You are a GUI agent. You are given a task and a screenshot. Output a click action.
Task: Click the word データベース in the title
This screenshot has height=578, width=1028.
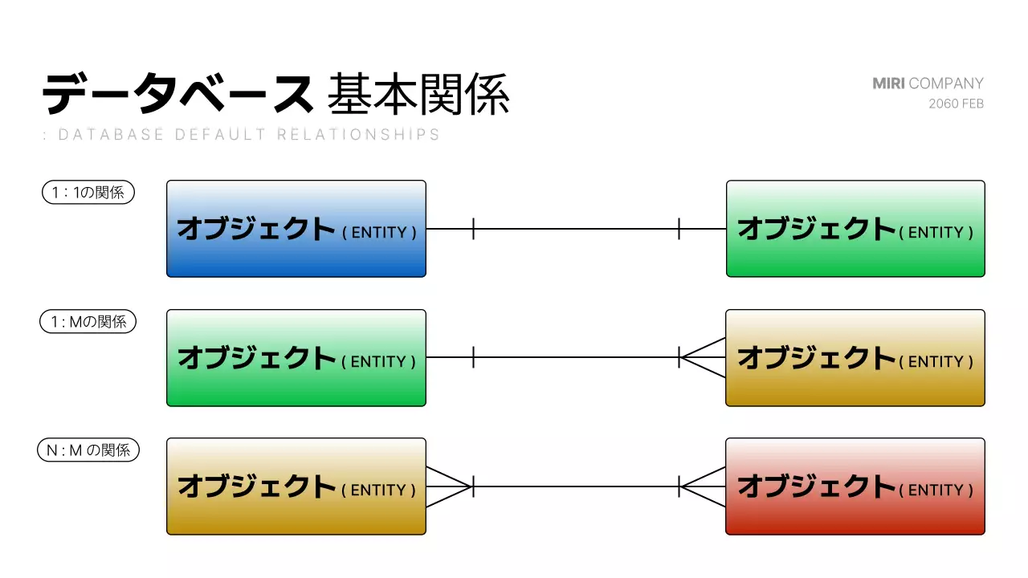click(x=177, y=95)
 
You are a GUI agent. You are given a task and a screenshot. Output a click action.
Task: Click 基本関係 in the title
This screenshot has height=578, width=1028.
click(x=418, y=95)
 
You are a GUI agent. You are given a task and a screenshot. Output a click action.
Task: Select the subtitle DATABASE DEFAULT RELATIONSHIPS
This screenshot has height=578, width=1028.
click(x=249, y=135)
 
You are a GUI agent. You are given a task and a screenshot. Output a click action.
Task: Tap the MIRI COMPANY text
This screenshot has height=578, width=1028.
click(x=928, y=83)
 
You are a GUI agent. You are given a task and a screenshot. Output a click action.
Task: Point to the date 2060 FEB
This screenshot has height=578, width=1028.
click(x=956, y=104)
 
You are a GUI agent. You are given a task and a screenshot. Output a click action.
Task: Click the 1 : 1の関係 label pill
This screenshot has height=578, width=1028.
click(x=88, y=193)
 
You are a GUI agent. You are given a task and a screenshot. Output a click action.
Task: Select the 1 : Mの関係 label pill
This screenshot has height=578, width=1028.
click(x=88, y=322)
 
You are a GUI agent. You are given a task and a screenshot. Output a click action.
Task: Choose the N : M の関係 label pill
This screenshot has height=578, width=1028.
click(x=88, y=450)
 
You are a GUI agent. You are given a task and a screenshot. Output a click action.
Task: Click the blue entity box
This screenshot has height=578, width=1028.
click(x=296, y=229)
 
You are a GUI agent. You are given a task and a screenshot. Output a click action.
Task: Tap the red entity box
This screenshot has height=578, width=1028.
click(x=855, y=486)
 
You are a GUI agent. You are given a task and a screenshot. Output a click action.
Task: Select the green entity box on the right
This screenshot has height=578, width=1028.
click(x=855, y=229)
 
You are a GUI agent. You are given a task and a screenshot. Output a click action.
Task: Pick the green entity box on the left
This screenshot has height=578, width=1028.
click(x=296, y=357)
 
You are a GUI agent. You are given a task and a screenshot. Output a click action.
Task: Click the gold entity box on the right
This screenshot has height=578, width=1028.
click(x=855, y=357)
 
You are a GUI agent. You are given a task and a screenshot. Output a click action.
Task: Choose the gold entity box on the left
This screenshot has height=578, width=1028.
click(x=296, y=486)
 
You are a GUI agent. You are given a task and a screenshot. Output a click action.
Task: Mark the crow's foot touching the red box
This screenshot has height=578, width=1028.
click(x=702, y=486)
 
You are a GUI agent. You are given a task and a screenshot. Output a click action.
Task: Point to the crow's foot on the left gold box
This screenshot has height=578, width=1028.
click(x=448, y=486)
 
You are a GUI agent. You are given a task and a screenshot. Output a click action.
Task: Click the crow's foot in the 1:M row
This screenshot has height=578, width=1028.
click(x=702, y=357)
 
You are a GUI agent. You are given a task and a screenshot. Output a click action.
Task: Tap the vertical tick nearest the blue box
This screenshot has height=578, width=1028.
click(x=474, y=229)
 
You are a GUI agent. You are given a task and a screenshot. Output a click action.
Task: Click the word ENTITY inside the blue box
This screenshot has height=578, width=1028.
click(x=379, y=233)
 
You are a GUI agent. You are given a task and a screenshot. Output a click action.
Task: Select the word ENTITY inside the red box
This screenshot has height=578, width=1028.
click(x=936, y=490)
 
